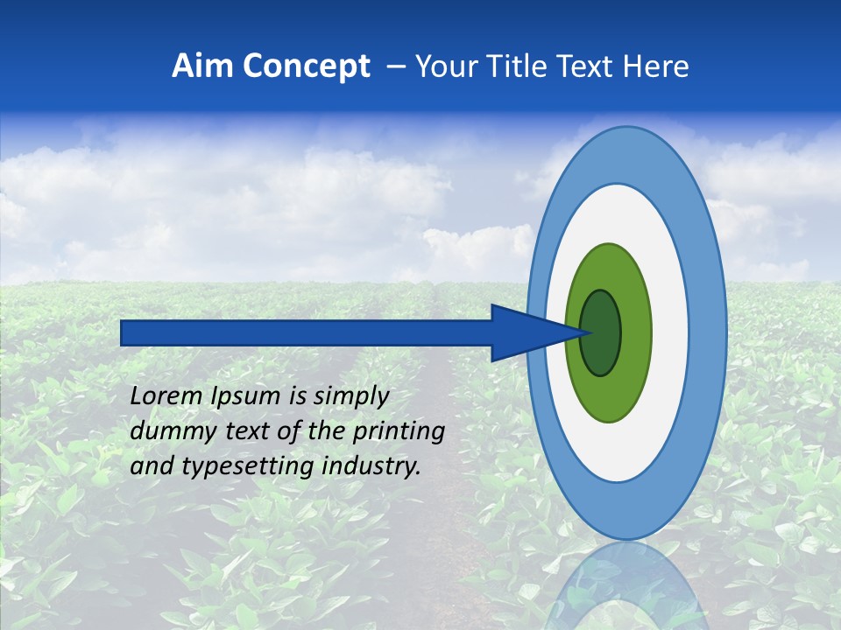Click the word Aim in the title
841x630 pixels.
click(202, 66)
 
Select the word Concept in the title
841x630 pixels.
click(306, 66)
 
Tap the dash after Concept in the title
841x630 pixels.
click(396, 67)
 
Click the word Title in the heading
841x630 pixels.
click(521, 66)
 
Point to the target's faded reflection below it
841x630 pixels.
click(627, 586)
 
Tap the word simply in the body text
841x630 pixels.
click(350, 396)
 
